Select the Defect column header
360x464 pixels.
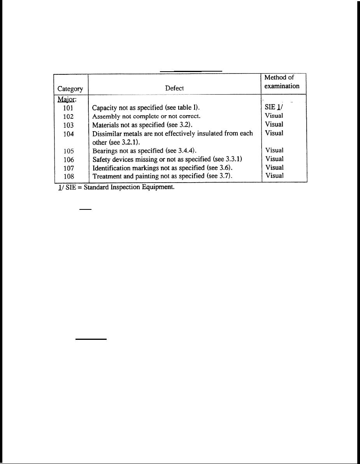[x=174, y=88]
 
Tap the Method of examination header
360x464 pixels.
[x=282, y=82]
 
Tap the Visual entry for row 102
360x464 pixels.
[x=274, y=116]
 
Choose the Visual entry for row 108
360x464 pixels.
[x=274, y=176]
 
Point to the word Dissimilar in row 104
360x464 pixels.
[x=106, y=134]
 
